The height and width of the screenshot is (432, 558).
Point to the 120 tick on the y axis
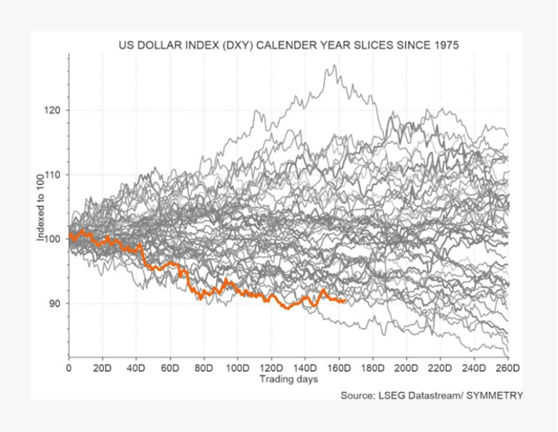(x=54, y=109)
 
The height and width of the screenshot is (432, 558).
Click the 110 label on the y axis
(x=54, y=174)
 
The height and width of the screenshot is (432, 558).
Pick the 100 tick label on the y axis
(x=54, y=239)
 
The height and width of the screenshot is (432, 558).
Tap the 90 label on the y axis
(x=57, y=303)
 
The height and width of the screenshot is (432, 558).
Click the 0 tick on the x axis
(x=70, y=368)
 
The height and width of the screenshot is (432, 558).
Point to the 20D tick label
(x=102, y=368)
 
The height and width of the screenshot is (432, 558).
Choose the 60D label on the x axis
(x=170, y=368)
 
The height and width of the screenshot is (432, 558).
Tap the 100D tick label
(x=237, y=368)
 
